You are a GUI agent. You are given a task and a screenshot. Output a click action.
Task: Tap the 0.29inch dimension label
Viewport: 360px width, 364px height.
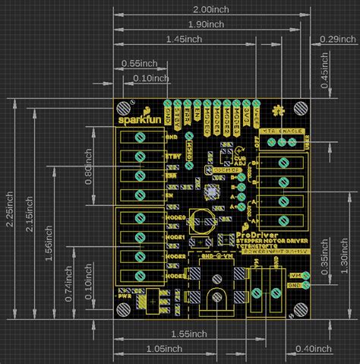[337, 39]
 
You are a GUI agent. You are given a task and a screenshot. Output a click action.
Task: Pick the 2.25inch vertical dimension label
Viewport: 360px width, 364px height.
[10, 215]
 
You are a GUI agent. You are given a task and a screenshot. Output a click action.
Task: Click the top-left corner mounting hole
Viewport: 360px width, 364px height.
[124, 108]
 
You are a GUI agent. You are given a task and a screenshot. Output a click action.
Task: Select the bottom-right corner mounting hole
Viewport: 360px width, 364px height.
[302, 309]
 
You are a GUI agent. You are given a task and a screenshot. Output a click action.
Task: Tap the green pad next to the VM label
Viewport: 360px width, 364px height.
[305, 274]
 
